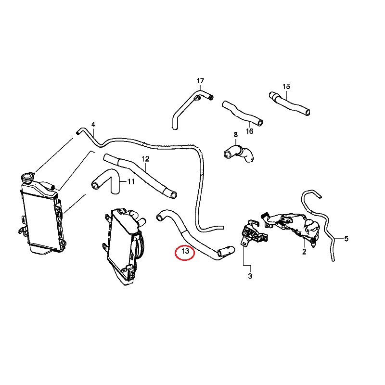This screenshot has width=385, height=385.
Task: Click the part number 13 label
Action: pos(185,251)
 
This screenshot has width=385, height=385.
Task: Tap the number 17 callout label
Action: pos(200,80)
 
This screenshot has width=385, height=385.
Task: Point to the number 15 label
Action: pos(286,87)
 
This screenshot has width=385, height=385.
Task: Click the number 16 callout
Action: pos(249,131)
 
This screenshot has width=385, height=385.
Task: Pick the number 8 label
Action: pos(236,134)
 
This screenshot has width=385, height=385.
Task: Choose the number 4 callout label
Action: pos(93,124)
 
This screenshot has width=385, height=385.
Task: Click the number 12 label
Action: pos(145,159)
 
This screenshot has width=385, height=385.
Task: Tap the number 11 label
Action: pos(130,182)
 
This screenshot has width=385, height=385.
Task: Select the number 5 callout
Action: pos(346,238)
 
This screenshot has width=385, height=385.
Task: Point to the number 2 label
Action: pos(304,251)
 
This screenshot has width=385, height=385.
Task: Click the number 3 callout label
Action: pos(250,276)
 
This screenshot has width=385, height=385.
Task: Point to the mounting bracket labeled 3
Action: pos(251,233)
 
